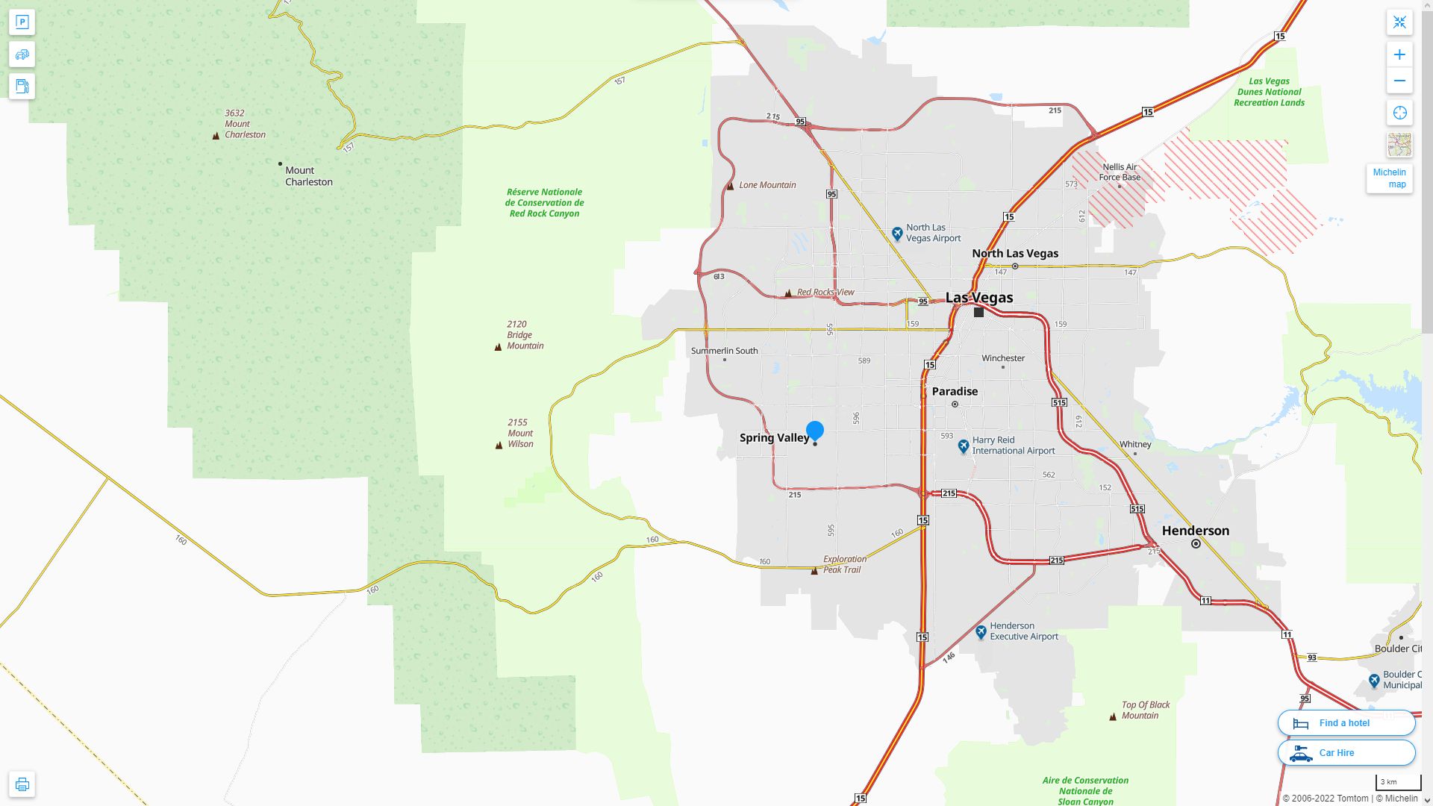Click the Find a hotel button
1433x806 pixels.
[x=1346, y=723]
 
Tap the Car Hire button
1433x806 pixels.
[x=1346, y=753]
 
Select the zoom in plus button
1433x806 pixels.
[x=1399, y=54]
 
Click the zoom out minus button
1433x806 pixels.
[x=1399, y=81]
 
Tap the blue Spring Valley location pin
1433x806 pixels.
[x=815, y=431]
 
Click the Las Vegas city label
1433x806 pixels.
[x=979, y=298]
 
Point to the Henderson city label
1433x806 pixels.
[x=1195, y=531]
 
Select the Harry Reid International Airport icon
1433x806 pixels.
[x=964, y=446]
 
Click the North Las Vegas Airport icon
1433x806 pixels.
[x=897, y=233]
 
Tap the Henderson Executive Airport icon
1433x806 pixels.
[x=981, y=632]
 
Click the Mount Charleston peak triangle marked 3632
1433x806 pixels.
[x=216, y=136]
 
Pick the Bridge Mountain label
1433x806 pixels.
[x=525, y=335]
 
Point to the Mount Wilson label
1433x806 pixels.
[x=520, y=433]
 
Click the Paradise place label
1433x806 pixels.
[x=955, y=391]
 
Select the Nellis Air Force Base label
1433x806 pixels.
[x=1120, y=172]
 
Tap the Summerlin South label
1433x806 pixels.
[x=724, y=351]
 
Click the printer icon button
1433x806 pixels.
[x=22, y=784]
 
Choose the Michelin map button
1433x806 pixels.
[x=1389, y=178]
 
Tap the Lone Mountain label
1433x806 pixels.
[x=767, y=185]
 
